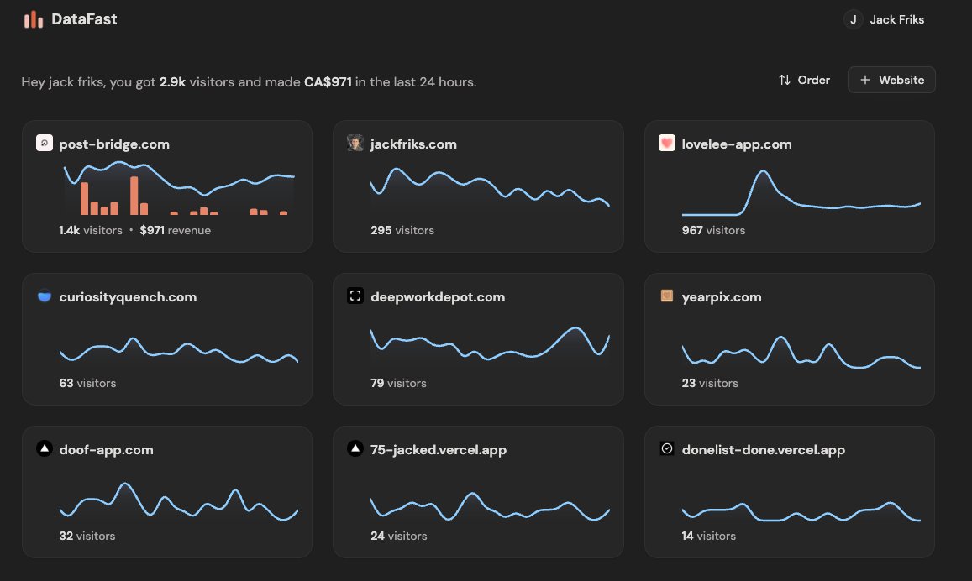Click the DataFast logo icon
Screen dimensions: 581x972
(34, 19)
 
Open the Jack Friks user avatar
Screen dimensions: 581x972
(854, 19)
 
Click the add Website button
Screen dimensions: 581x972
(891, 80)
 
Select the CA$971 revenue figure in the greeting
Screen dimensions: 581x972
(328, 82)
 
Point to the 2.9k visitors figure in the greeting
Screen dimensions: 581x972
(172, 82)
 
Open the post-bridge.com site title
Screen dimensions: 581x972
(114, 144)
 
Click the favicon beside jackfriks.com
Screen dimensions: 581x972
(355, 144)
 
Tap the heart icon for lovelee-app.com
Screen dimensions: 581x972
(667, 144)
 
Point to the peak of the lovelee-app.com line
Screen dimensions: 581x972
(763, 171)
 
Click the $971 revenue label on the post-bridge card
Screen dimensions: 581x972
(175, 230)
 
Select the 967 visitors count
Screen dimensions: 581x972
(713, 230)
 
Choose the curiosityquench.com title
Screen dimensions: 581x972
(128, 297)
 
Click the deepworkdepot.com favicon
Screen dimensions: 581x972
(355, 296)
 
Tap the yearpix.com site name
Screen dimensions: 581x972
(722, 297)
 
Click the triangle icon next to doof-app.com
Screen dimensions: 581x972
(45, 449)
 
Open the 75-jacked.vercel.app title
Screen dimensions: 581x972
(439, 450)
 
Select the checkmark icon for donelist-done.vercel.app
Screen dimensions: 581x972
(667, 449)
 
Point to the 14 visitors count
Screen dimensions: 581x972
(708, 536)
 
